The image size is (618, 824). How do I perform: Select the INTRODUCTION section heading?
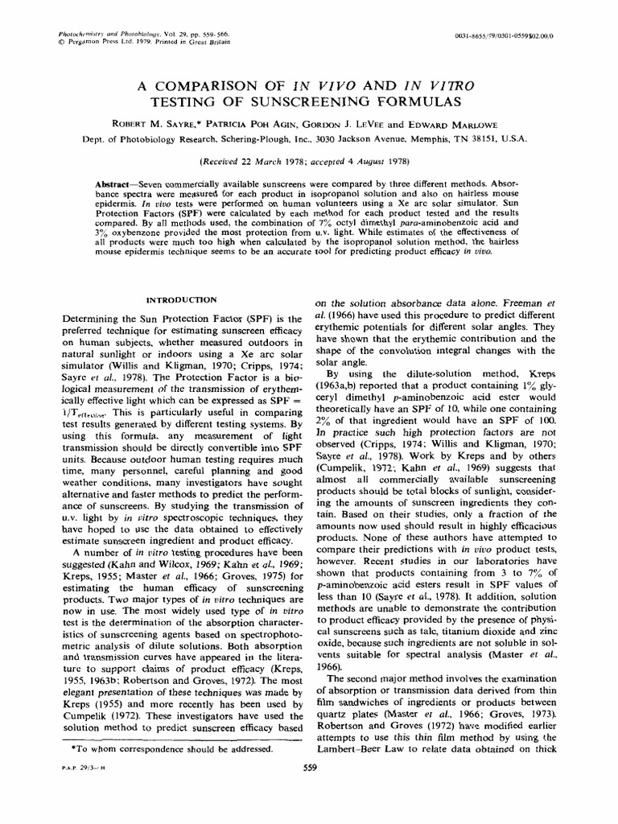tap(181, 300)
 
